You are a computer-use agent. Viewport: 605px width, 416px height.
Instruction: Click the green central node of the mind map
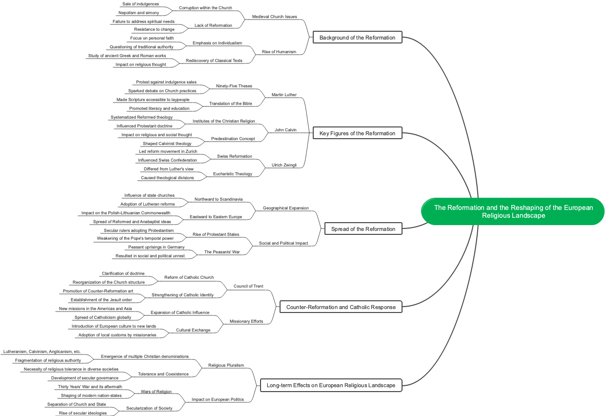pyautogui.click(x=513, y=211)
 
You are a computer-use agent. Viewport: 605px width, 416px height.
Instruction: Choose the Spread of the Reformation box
pyautogui.click(x=363, y=229)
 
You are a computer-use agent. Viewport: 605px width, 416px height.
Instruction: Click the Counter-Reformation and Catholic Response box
pyautogui.click(x=341, y=307)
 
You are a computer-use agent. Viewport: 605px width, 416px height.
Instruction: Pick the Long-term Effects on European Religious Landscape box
pyautogui.click(x=331, y=385)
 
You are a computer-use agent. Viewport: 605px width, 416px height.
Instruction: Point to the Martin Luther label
pyautogui.click(x=284, y=95)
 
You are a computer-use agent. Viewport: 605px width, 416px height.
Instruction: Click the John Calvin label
pyautogui.click(x=285, y=130)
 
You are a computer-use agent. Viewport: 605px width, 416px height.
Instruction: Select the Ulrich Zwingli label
pyautogui.click(x=284, y=165)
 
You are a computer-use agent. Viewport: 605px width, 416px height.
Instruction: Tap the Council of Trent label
pyautogui.click(x=248, y=286)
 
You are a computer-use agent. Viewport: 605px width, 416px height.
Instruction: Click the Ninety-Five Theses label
pyautogui.click(x=234, y=86)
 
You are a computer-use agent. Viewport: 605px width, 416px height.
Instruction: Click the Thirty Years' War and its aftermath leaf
pyautogui.click(x=90, y=387)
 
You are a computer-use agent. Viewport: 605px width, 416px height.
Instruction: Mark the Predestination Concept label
pyautogui.click(x=233, y=139)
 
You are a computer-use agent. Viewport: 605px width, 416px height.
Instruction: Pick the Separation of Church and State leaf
pyautogui.click(x=76, y=404)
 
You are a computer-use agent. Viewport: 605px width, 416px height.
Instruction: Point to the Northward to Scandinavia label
pyautogui.click(x=219, y=199)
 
